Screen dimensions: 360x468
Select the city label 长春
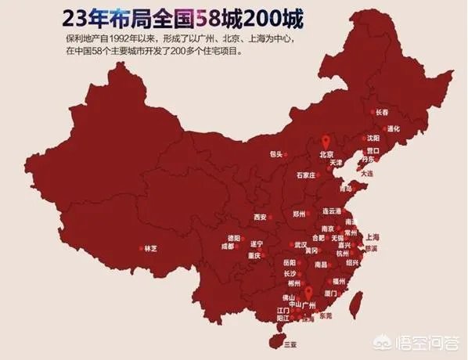(x=381, y=113)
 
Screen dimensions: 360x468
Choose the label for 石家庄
(x=302, y=176)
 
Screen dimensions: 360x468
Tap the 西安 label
(x=261, y=217)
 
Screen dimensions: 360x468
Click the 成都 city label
(x=227, y=247)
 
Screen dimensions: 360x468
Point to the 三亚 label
(x=290, y=344)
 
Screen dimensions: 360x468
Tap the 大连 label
(x=367, y=173)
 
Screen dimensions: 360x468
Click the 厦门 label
(x=329, y=293)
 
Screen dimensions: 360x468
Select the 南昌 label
(x=321, y=265)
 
